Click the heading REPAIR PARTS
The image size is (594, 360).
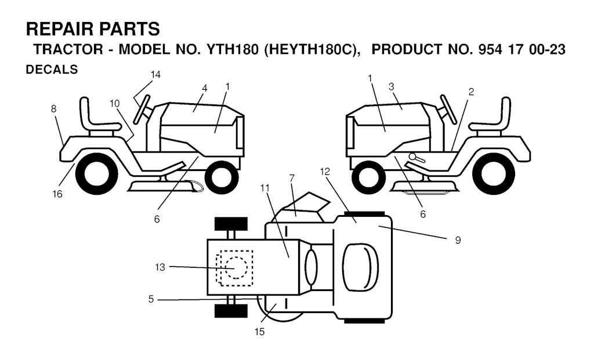pos(93,29)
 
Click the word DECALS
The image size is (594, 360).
pos(52,70)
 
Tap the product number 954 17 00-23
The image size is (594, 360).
pos(522,50)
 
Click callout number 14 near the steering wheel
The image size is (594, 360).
pos(155,75)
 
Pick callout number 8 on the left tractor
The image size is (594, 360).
pos(54,109)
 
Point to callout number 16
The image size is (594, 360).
pos(57,194)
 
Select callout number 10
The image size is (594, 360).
pos(115,103)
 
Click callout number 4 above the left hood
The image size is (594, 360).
pos(205,88)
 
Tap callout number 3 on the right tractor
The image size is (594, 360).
pos(392,87)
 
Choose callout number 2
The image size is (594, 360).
pos(471,92)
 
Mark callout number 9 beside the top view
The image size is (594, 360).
pos(458,240)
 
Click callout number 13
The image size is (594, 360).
pos(160,267)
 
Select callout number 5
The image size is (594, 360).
pos(151,300)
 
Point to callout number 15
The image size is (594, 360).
pos(259,332)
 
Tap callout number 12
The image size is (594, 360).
pos(325,172)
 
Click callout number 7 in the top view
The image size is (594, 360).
pos(292,177)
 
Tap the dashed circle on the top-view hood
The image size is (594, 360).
pos(236,268)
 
